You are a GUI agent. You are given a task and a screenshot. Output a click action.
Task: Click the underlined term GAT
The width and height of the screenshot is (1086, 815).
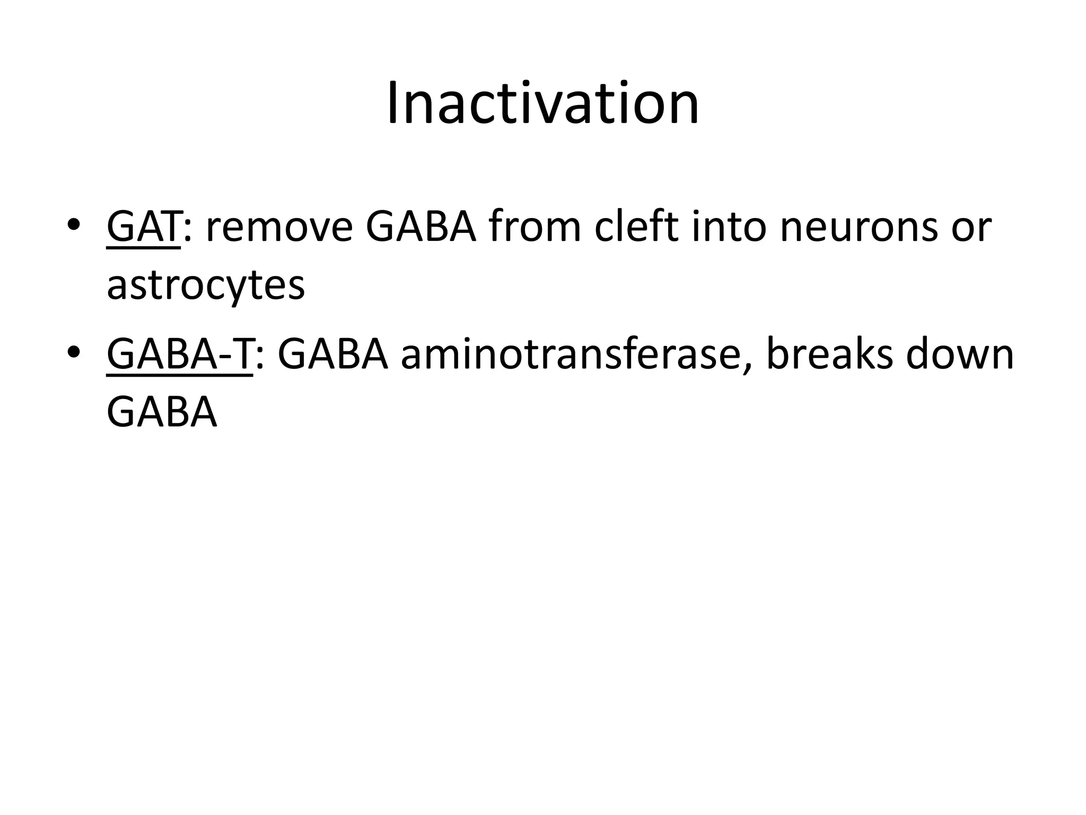point(143,227)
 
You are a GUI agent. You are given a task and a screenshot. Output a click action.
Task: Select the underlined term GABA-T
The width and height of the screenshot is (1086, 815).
point(179,355)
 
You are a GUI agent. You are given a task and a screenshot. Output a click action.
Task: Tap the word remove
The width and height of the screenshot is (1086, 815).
point(279,227)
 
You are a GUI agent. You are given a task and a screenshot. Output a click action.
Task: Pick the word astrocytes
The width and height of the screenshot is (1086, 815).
point(206,285)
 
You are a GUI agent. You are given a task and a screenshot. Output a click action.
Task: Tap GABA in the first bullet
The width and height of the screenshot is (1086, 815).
point(422,227)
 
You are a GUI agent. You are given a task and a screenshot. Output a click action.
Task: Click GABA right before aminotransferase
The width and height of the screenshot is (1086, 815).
point(333,355)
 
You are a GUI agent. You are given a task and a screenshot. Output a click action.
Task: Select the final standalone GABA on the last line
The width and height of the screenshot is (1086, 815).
point(162,413)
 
